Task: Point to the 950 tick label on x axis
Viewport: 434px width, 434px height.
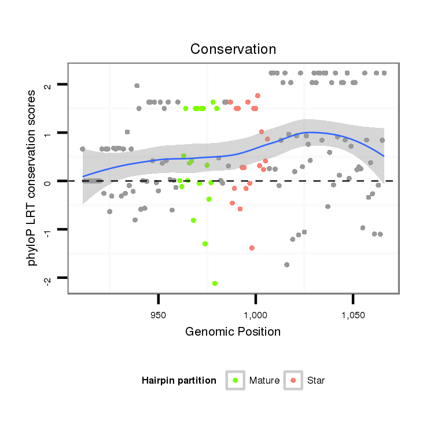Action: [158, 316]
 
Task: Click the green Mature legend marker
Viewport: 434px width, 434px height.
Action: [236, 380]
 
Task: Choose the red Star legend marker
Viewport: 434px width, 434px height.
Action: [293, 380]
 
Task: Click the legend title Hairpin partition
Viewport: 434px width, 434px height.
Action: [179, 381]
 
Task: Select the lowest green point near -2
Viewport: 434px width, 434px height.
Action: [215, 284]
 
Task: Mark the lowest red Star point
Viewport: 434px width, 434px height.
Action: [252, 248]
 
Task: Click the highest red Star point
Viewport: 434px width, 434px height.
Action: [258, 95]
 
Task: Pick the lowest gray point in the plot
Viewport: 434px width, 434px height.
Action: [286, 264]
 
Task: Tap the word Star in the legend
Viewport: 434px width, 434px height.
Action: [316, 381]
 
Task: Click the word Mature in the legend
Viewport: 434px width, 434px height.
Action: [264, 381]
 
